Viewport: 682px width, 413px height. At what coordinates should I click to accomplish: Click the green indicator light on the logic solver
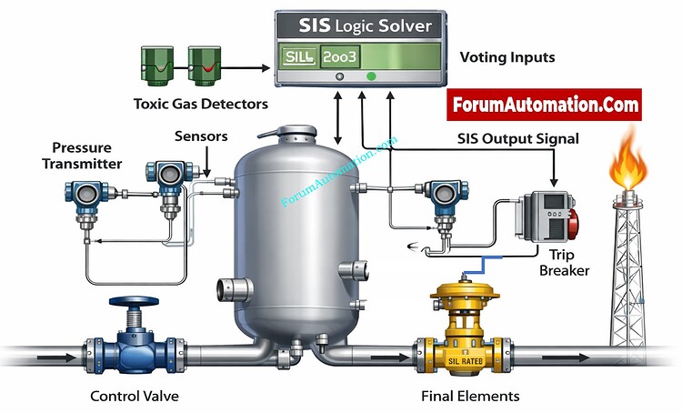pyautogui.click(x=371, y=76)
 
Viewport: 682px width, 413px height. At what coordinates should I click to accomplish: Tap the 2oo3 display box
pyautogui.click(x=340, y=56)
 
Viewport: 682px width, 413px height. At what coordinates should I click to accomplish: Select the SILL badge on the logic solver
pyautogui.click(x=298, y=56)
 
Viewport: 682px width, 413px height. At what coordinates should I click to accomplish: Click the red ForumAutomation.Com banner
pyautogui.click(x=544, y=105)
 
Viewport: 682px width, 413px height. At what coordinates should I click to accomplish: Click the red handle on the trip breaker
pyautogui.click(x=573, y=223)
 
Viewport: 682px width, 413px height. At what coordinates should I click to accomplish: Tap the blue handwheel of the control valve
pyautogui.click(x=134, y=301)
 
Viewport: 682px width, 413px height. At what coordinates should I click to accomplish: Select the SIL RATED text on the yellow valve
pyautogui.click(x=466, y=361)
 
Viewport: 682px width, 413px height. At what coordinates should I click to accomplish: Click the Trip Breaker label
pyautogui.click(x=564, y=262)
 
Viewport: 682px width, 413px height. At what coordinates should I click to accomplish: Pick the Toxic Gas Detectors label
pyautogui.click(x=201, y=104)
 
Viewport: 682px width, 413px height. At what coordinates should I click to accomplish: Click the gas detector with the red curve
pyautogui.click(x=205, y=65)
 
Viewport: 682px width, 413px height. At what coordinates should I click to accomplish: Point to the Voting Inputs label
pyautogui.click(x=507, y=57)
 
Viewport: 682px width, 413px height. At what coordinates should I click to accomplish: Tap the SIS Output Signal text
pyautogui.click(x=518, y=139)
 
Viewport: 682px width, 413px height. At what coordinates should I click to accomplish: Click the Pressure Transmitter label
pyautogui.click(x=82, y=156)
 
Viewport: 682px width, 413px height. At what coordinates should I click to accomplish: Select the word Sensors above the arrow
pyautogui.click(x=201, y=136)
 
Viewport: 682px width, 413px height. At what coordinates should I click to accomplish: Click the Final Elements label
pyautogui.click(x=470, y=396)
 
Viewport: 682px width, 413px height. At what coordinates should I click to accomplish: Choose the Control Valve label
pyautogui.click(x=135, y=396)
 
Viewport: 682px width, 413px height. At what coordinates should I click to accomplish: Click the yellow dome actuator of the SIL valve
pyautogui.click(x=465, y=291)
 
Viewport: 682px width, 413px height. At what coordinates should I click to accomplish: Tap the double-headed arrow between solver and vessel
pyautogui.click(x=337, y=117)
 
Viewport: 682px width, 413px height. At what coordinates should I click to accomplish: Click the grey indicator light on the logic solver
pyautogui.click(x=340, y=76)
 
